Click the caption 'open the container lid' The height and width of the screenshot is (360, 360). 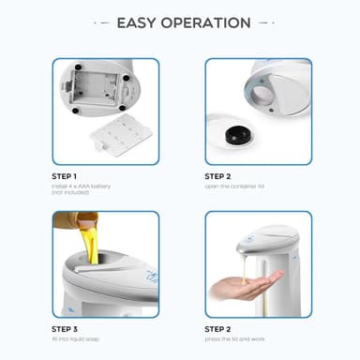click(x=234, y=185)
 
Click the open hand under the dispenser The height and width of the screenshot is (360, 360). click(x=246, y=286)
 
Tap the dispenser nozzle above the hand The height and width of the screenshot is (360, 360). click(x=246, y=247)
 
